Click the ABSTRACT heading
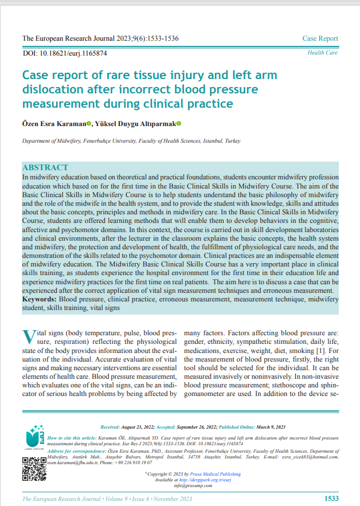click(x=45, y=167)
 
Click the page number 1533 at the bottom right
click(x=331, y=499)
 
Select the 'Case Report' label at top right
click(x=320, y=39)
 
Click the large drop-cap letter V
click(x=29, y=338)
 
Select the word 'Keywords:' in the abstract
click(x=40, y=300)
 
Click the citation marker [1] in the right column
click(x=321, y=350)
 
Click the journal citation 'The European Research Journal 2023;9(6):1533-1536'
click(x=100, y=39)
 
